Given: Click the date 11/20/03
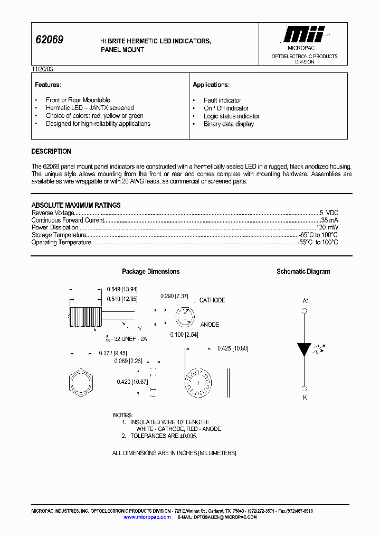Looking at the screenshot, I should [x=42, y=69].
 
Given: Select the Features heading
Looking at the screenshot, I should [x=47, y=85].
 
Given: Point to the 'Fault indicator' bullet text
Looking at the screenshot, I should [x=222, y=100].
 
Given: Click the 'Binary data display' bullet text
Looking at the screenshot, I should [x=229, y=124].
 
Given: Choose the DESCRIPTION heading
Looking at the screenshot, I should [x=51, y=151].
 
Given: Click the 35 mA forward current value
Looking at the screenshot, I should [x=329, y=220].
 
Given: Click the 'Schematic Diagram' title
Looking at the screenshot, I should [x=303, y=271].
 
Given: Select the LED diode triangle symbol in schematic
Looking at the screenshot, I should [x=304, y=349].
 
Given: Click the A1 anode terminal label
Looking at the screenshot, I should [x=305, y=300].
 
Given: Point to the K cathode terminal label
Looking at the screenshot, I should [x=305, y=397].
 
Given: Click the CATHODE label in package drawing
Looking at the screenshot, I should [x=212, y=300].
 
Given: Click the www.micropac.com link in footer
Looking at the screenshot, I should [x=147, y=517].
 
